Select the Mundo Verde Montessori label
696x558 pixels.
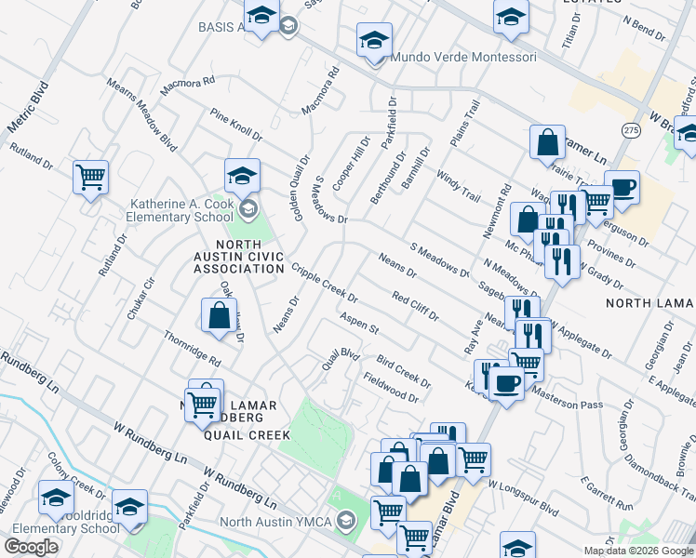pos(463,57)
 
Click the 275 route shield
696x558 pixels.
pos(632,129)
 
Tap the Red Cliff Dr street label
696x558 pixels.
pos(415,306)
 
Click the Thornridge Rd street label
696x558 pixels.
pos(192,348)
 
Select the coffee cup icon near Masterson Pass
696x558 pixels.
pos(506,381)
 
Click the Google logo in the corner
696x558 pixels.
pos(31,547)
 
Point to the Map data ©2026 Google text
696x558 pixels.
pos(638,551)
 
